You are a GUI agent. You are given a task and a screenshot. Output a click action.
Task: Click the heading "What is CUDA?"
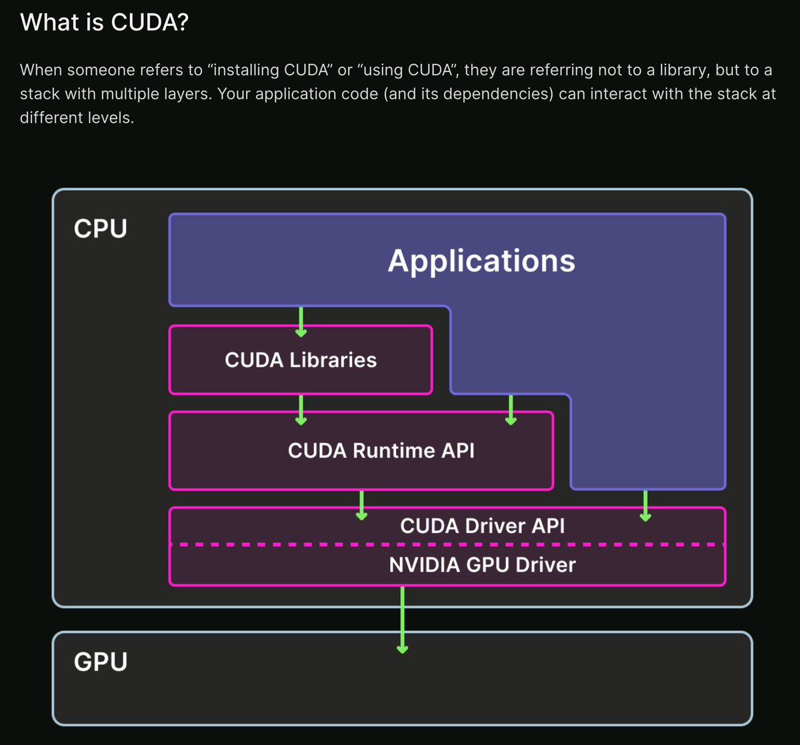click(105, 23)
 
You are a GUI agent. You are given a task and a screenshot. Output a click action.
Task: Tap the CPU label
click(100, 229)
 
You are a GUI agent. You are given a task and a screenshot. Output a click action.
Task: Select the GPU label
click(100, 662)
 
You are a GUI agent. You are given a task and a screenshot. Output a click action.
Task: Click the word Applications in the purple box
click(481, 260)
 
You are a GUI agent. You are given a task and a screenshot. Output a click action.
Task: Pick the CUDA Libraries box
click(301, 360)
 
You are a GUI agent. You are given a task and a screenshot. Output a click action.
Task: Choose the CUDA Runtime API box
click(381, 451)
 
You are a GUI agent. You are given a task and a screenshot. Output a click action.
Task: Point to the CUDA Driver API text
click(482, 526)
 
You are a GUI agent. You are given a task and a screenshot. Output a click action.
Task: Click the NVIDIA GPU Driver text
click(482, 565)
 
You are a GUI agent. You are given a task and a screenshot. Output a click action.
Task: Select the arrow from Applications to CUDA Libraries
click(301, 321)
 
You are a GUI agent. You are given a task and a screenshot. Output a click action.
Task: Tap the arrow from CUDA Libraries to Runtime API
click(301, 410)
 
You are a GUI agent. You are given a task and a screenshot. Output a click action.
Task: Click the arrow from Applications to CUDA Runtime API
click(511, 410)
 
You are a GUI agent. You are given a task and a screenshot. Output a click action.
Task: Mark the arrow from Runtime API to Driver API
click(361, 505)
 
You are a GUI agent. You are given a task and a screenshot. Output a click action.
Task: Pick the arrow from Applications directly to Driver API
click(645, 505)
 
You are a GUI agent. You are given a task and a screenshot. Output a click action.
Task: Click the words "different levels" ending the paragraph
click(72, 119)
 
